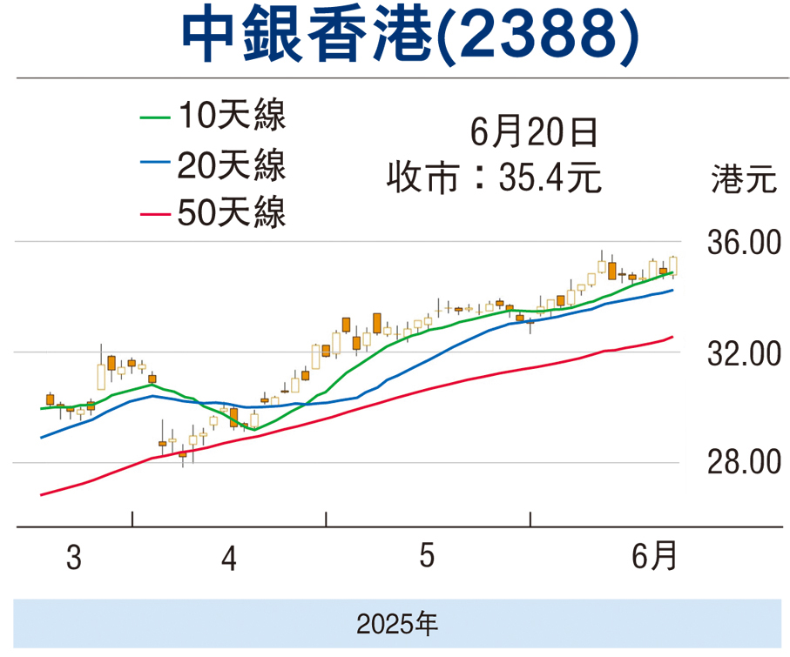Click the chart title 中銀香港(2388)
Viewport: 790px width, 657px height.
(x=395, y=37)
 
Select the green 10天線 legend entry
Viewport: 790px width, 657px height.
(x=214, y=117)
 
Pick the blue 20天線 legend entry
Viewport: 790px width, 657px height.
(x=214, y=164)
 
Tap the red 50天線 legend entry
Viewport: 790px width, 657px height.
(x=214, y=212)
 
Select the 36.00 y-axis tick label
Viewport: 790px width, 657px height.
(x=742, y=243)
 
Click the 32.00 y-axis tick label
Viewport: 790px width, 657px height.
(x=742, y=353)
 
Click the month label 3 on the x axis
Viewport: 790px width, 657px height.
(x=74, y=558)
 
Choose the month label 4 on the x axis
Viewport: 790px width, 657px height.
(x=229, y=558)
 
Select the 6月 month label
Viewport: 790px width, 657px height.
(x=653, y=556)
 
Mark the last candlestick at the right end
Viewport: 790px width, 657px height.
(x=673, y=265)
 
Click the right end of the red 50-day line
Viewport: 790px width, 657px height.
(x=672, y=337)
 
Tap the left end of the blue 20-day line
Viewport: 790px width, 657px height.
(x=42, y=438)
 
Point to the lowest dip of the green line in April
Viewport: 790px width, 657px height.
(x=253, y=429)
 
